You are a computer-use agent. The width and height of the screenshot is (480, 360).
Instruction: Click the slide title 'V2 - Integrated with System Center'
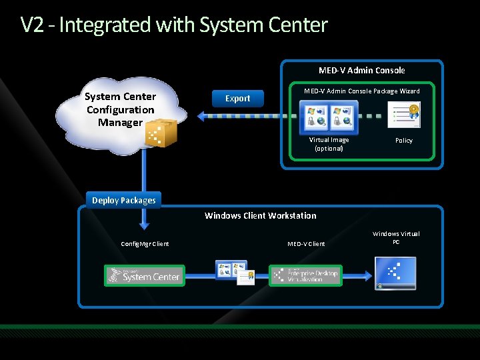[x=174, y=25]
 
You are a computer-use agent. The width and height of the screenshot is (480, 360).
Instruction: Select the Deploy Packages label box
[x=124, y=200]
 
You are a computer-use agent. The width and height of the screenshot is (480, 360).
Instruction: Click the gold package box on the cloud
[x=161, y=133]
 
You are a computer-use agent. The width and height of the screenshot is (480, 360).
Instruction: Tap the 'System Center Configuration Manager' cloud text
[x=120, y=109]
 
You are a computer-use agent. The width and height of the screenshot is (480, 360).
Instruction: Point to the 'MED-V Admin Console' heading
[x=361, y=70]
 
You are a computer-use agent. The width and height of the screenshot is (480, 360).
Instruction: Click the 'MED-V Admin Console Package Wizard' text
[x=361, y=91]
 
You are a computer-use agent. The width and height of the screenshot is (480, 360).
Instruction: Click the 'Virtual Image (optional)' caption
[x=329, y=144]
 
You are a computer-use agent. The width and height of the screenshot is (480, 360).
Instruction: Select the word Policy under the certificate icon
[x=404, y=141]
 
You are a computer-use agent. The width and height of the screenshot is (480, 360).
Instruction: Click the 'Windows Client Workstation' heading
[x=260, y=215]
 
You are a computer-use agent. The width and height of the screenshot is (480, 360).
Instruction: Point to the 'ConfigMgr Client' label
[x=145, y=244]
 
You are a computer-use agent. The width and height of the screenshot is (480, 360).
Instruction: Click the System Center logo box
[x=145, y=275]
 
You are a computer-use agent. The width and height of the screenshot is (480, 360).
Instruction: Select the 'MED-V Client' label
[x=306, y=244]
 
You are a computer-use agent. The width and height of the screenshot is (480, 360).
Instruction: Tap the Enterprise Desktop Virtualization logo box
[x=306, y=275]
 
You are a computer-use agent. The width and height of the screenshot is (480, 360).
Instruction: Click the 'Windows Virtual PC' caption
[x=396, y=237]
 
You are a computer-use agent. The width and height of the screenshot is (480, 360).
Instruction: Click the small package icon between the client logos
[x=235, y=272]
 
